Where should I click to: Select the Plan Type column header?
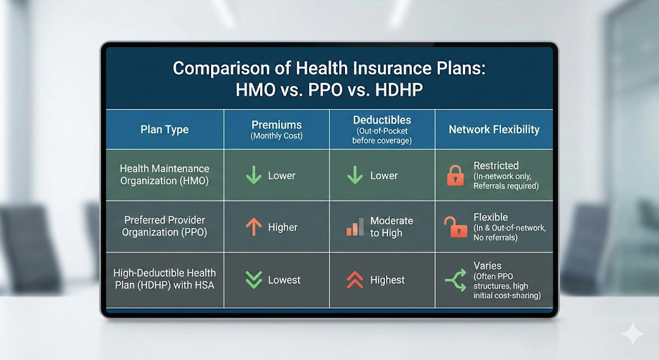point(164,129)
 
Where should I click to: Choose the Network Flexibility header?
point(494,129)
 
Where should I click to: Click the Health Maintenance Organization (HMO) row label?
point(164,175)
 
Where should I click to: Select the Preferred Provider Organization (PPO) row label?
point(164,226)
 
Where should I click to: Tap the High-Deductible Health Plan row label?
point(164,279)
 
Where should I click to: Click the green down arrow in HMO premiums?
point(254,175)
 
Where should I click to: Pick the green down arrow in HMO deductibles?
point(355,175)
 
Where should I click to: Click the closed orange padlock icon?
point(455,175)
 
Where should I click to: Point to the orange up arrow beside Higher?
point(254,227)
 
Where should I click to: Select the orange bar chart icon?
point(355,227)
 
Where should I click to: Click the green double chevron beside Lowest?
point(254,279)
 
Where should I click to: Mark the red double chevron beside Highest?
point(355,279)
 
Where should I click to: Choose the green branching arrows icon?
point(456,280)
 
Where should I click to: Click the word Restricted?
point(496,166)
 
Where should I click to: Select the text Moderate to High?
point(391,227)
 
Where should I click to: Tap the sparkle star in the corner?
point(633,334)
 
